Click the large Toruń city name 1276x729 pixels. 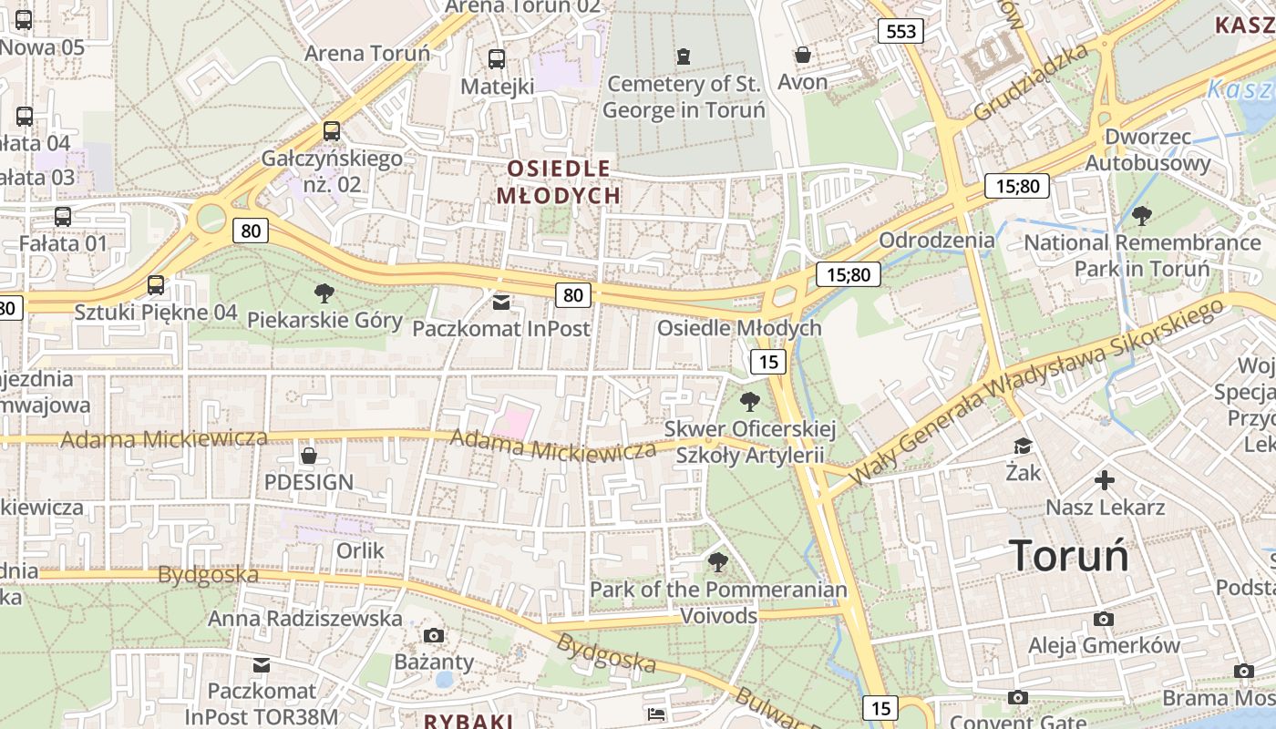click(x=1069, y=555)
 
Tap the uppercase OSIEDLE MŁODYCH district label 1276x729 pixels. click(x=558, y=181)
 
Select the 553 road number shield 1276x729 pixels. click(x=900, y=32)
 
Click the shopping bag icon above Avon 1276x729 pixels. click(x=802, y=56)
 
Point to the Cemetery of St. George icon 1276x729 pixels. click(x=684, y=56)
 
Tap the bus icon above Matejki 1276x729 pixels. click(x=497, y=59)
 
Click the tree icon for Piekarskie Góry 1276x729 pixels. click(x=324, y=293)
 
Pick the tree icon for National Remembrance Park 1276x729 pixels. click(x=1141, y=216)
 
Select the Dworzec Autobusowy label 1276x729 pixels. click(x=1147, y=150)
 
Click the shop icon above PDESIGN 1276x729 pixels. click(x=309, y=455)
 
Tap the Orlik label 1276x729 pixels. click(x=361, y=550)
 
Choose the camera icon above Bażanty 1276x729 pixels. click(x=434, y=634)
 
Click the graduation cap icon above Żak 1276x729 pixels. click(x=1024, y=446)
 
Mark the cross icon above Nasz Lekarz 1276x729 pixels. click(x=1105, y=479)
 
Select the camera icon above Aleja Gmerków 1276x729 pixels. click(x=1104, y=620)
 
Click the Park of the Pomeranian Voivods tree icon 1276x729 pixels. click(x=718, y=561)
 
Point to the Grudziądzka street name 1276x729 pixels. click(x=1031, y=83)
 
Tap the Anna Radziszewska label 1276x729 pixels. click(x=305, y=619)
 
